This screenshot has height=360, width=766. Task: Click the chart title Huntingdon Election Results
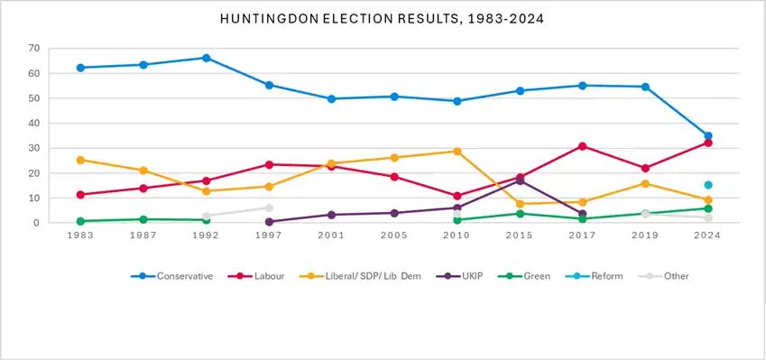tap(382, 19)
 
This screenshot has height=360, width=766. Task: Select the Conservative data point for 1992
tap(206, 58)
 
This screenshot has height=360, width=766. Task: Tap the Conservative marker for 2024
tap(708, 136)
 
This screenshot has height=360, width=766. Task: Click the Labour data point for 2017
tap(582, 146)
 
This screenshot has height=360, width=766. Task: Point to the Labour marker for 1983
tap(80, 194)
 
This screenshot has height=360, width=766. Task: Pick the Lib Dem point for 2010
tap(457, 152)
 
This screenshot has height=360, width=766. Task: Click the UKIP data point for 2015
tap(520, 181)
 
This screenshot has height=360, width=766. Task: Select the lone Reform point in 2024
tap(708, 185)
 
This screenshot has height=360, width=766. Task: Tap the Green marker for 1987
tap(143, 219)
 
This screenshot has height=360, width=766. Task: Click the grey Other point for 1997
tap(269, 208)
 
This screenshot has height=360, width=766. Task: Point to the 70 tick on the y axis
tap(33, 49)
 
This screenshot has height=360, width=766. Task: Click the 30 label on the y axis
tap(33, 148)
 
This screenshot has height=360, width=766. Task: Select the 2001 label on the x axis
tap(331, 235)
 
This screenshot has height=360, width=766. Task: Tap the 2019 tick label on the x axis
tap(645, 235)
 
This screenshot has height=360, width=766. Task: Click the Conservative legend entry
tap(172, 276)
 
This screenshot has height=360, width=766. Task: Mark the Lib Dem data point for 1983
tap(80, 160)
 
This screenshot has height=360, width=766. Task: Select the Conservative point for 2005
tap(394, 97)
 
